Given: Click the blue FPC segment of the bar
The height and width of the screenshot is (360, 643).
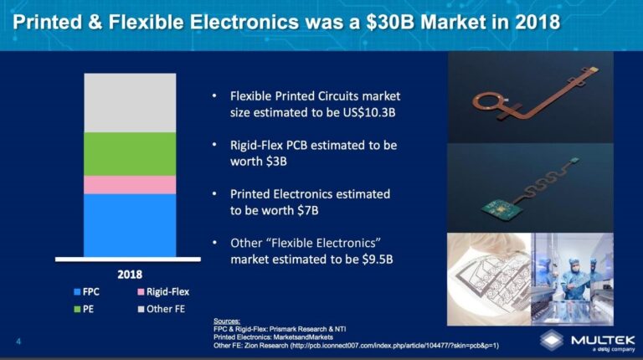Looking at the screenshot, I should click(x=130, y=224).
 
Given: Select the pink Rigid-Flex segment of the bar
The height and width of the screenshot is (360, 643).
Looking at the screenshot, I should click(x=130, y=184).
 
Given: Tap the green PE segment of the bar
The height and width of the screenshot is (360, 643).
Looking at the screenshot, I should click(x=130, y=154).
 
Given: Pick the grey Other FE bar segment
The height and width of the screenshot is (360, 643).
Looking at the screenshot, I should click(x=130, y=102).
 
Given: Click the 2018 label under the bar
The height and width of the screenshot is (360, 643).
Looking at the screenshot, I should click(x=129, y=274).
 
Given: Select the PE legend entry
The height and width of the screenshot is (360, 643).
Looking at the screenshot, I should click(x=87, y=309).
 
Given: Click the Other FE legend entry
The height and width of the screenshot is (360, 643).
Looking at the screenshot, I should click(x=161, y=309).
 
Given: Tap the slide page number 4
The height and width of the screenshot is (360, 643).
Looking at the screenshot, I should click(x=18, y=340).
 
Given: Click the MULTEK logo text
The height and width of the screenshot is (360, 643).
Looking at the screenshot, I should click(x=602, y=339).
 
